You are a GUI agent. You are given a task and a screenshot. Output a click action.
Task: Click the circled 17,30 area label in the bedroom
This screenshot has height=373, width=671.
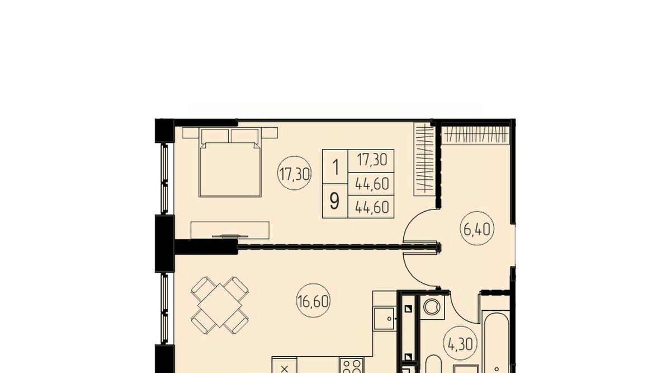pyautogui.click(x=295, y=173)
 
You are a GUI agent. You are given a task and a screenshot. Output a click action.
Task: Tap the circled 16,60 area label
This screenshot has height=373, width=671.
pyautogui.click(x=313, y=301)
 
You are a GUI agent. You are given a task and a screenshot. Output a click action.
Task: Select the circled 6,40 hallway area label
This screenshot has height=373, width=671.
pyautogui.click(x=477, y=228)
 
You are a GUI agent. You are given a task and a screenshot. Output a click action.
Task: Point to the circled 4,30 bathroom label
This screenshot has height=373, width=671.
pyautogui.click(x=460, y=343)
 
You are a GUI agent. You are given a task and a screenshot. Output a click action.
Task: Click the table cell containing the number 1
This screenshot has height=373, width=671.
pyautogui.click(x=335, y=166)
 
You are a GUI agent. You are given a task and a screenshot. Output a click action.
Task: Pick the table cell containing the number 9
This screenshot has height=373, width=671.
pyautogui.click(x=335, y=201)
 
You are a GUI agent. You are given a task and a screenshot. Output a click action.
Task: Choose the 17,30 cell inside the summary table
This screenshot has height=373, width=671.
pyautogui.click(x=371, y=161)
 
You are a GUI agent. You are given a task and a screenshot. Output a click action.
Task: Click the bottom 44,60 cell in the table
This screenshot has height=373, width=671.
pyautogui.click(x=371, y=207)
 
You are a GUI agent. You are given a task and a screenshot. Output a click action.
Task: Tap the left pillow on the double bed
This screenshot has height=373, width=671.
pyautogui.click(x=215, y=136)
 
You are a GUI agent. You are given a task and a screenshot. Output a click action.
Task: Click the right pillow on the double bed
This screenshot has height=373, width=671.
pyautogui.click(x=245, y=136)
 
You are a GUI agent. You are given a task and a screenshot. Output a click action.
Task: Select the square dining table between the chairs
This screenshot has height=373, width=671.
pyautogui.click(x=220, y=305)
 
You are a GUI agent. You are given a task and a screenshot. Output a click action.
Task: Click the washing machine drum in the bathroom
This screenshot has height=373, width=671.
pyautogui.click(x=432, y=307)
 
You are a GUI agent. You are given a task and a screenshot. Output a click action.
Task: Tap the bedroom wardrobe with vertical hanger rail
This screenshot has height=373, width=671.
pyautogui.click(x=424, y=160)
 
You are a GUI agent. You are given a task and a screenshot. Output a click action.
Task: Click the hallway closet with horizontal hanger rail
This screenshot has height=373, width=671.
pyautogui.click(x=476, y=135)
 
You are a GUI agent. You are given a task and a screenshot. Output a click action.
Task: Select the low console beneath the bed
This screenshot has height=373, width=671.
pyautogui.click(x=230, y=230)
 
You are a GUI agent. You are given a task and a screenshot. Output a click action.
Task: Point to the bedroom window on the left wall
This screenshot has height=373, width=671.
pyautogui.click(x=164, y=179)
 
